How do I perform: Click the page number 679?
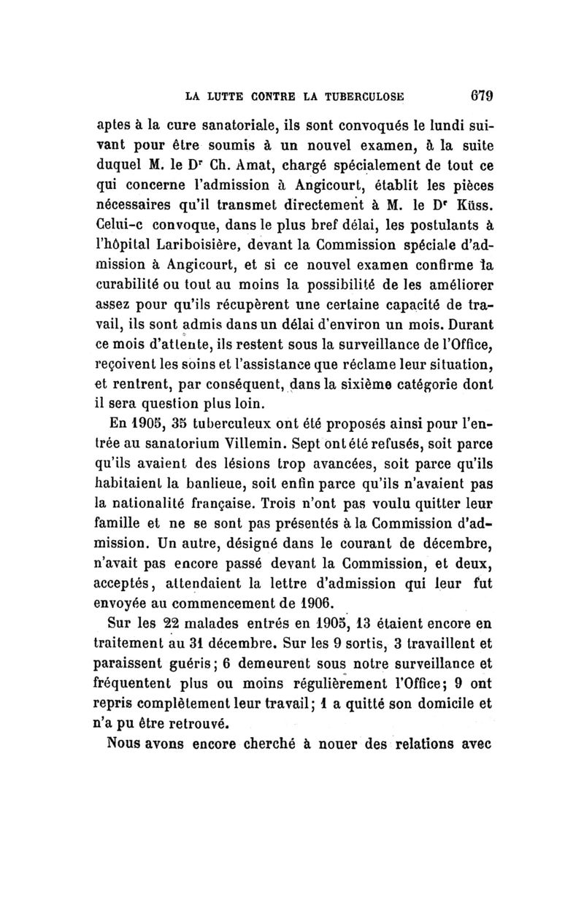coord(480,96)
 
